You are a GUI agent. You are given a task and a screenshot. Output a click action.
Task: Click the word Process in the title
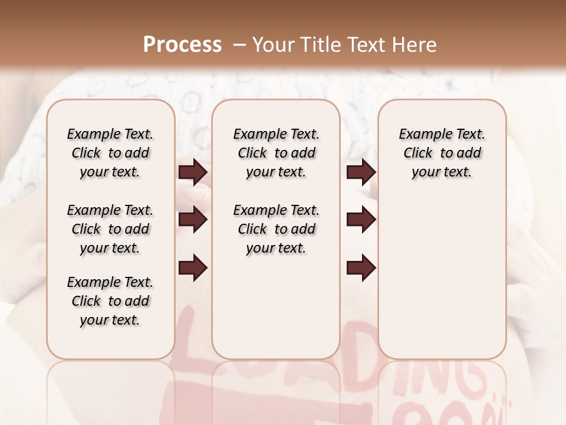[182, 45]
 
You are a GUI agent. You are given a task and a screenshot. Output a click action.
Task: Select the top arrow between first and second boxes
[193, 172]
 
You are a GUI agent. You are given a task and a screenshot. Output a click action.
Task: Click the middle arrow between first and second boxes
[193, 220]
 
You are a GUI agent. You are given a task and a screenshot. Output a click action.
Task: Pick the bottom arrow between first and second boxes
[193, 267]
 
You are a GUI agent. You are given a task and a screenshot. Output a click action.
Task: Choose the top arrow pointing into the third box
[361, 172]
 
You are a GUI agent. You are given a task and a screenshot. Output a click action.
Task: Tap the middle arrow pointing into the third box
[361, 220]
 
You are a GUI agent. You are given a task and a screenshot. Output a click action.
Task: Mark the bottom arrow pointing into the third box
[361, 267]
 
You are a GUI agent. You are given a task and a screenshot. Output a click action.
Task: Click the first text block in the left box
[110, 153]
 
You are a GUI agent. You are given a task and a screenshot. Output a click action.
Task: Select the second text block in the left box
[110, 229]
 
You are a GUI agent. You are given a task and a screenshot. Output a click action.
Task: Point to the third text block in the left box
[110, 301]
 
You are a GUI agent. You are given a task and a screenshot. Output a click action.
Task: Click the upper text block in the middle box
[276, 153]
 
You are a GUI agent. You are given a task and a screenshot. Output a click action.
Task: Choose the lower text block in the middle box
[276, 229]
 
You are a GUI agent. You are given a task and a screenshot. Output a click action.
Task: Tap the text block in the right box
[442, 153]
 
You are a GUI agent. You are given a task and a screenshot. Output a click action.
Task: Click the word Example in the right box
[422, 135]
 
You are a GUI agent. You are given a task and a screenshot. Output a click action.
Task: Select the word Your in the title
[272, 45]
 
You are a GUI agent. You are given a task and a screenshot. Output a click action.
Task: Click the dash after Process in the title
[239, 45]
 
